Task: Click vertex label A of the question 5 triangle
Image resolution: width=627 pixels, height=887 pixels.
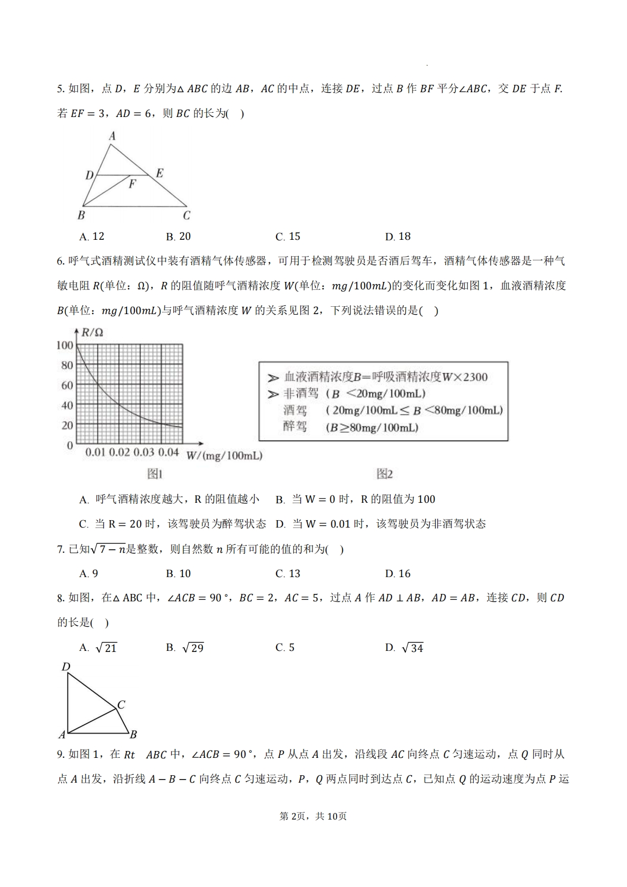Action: (112, 137)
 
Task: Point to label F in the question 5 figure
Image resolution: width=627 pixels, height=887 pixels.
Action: (132, 184)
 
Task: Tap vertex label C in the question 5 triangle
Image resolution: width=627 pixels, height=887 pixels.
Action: (187, 216)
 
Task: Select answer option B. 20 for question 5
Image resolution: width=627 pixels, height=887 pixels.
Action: (178, 237)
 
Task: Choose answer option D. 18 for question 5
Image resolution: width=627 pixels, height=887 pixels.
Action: (398, 237)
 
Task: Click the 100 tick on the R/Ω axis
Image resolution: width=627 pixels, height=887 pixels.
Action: (65, 345)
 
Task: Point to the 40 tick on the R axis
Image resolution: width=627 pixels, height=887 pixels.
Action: (67, 405)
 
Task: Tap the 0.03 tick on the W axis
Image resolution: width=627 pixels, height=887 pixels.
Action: (144, 453)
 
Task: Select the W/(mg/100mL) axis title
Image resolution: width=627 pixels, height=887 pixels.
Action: (224, 456)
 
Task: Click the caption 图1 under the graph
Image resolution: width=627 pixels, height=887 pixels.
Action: (154, 474)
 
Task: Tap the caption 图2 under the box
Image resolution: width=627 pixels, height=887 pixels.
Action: (385, 474)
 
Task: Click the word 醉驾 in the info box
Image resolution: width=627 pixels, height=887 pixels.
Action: (295, 426)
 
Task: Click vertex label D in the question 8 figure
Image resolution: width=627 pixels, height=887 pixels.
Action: (66, 667)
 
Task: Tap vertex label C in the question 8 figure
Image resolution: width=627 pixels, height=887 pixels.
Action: (121, 705)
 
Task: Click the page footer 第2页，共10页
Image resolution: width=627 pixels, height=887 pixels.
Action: (313, 816)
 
